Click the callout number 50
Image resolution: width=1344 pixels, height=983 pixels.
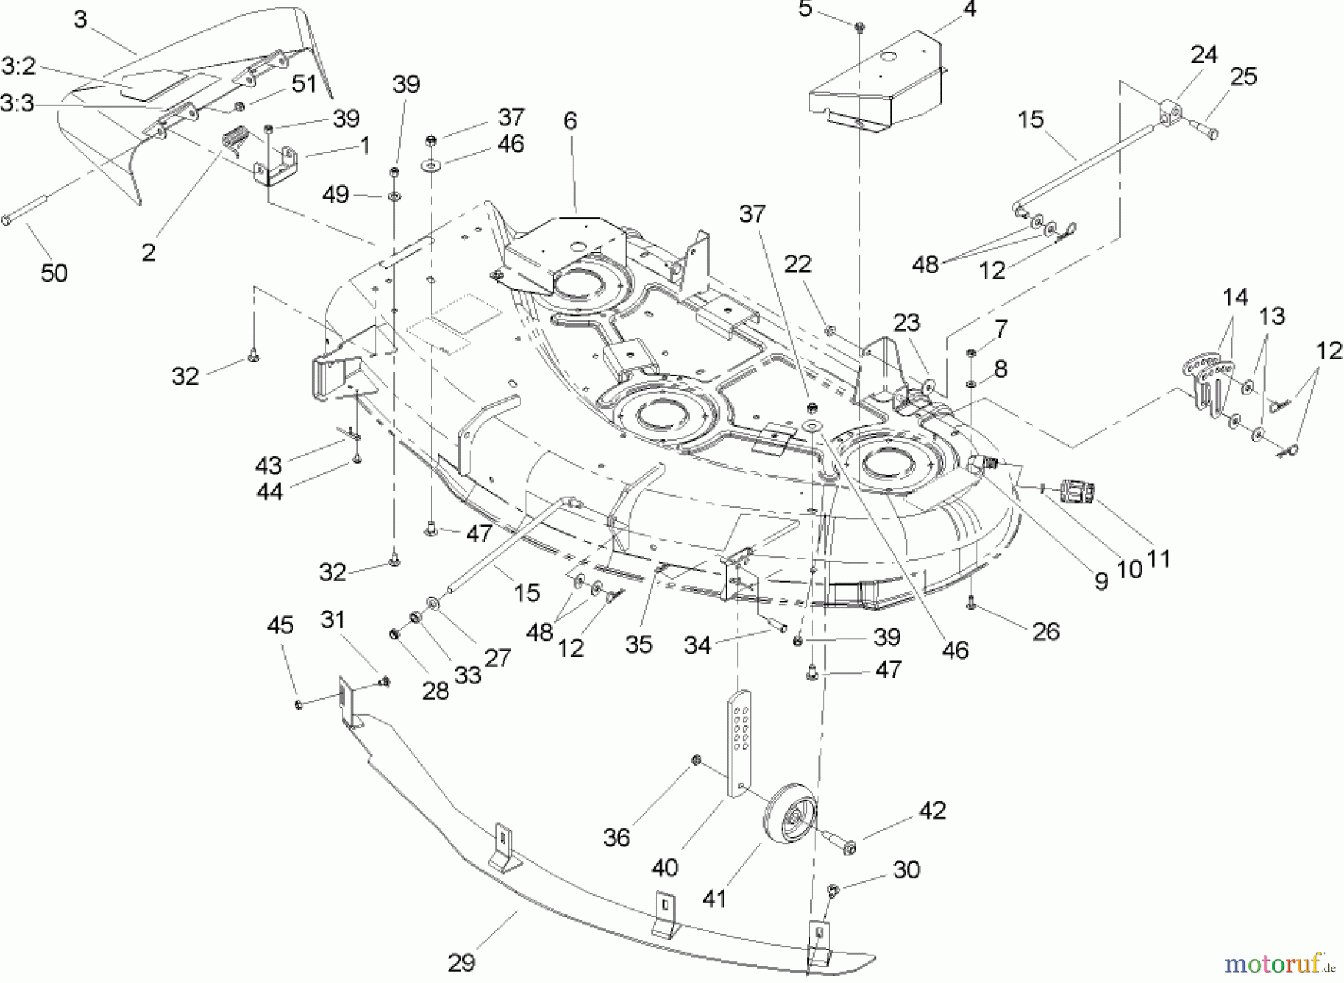pyautogui.click(x=54, y=273)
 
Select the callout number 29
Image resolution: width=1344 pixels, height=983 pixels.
pyautogui.click(x=462, y=963)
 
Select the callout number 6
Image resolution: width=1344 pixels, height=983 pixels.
pyautogui.click(x=570, y=121)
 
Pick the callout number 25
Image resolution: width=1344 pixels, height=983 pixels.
pyautogui.click(x=1243, y=77)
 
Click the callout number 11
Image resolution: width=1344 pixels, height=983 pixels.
pyautogui.click(x=1157, y=559)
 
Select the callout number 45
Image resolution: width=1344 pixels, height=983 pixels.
pyautogui.click(x=280, y=625)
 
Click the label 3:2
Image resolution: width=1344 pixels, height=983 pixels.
pyautogui.click(x=19, y=66)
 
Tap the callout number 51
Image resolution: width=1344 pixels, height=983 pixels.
pyautogui.click(x=304, y=84)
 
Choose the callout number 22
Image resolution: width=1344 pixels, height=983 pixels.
pyautogui.click(x=797, y=264)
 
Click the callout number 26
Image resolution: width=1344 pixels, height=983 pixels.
pyautogui.click(x=1045, y=632)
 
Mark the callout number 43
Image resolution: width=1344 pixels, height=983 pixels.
pyautogui.click(x=268, y=465)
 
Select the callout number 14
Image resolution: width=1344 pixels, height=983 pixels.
pyautogui.click(x=1235, y=297)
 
